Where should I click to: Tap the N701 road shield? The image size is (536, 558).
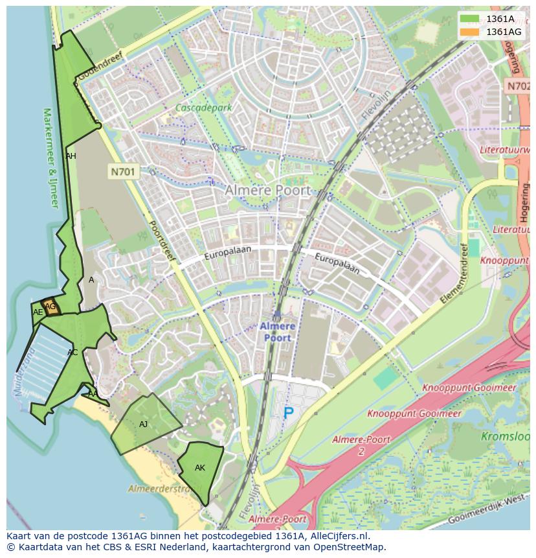tap(123, 172)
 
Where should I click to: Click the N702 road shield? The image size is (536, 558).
tap(518, 86)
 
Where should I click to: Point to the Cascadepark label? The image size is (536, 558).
tap(203, 108)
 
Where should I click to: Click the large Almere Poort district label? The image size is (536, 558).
tap(267, 191)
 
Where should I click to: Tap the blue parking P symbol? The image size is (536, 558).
tap(288, 412)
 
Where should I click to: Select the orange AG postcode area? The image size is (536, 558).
tap(50, 307)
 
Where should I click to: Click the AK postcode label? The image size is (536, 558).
tap(200, 468)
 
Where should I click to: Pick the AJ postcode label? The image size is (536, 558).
tap(144, 424)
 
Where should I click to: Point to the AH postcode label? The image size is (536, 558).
tap(71, 156)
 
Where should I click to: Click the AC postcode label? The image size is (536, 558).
tap(73, 353)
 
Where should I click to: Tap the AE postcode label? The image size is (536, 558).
tap(38, 312)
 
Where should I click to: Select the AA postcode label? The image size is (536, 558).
tap(93, 393)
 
